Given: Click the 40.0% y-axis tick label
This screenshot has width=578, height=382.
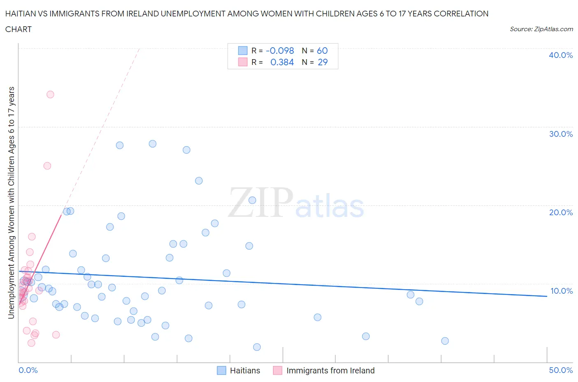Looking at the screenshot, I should point(560,55).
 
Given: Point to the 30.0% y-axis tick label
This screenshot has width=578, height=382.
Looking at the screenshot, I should point(560,134).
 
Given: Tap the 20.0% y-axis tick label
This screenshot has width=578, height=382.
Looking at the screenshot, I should point(560,212).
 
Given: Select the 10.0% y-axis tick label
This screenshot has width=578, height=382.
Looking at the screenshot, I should point(561,291).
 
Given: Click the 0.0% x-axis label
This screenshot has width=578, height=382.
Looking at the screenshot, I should point(28,370).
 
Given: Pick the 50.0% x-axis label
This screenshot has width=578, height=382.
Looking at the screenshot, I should point(560,370).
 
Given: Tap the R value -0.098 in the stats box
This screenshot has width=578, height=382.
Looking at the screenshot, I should point(280,51).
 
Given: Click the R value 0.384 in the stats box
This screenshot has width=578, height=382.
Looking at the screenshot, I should point(282,62).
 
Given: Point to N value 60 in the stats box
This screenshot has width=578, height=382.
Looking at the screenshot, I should point(322,51).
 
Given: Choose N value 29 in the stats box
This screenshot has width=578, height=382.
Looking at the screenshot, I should point(323,62).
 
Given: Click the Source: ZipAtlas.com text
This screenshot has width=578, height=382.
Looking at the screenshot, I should point(541,29).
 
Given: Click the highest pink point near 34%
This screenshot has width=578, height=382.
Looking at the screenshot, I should point(50,94).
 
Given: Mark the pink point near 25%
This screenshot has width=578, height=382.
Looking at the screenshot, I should point(47,166).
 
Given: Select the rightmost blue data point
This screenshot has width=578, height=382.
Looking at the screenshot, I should point(445,341).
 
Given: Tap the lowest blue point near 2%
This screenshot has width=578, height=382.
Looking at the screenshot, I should point(257,347).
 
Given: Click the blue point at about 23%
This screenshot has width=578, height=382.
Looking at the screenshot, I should point(199,181).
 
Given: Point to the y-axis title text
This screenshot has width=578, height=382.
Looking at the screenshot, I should point(11,203).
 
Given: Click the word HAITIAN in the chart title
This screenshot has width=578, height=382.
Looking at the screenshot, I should point(21,14).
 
